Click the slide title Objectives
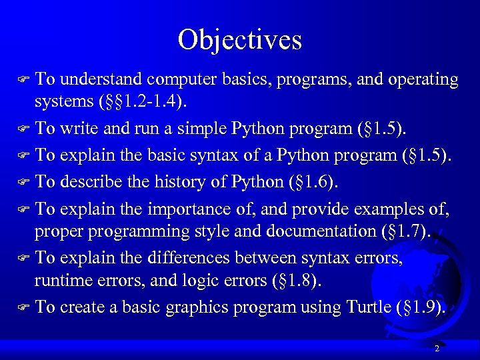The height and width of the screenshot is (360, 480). (x=240, y=40)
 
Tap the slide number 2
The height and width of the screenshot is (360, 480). (x=437, y=349)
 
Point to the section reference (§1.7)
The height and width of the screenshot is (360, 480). (x=403, y=232)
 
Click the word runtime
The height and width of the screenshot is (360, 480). (x=63, y=281)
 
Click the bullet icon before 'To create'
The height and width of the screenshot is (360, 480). (x=25, y=307)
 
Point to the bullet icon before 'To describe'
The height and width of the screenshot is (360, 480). (x=25, y=181)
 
